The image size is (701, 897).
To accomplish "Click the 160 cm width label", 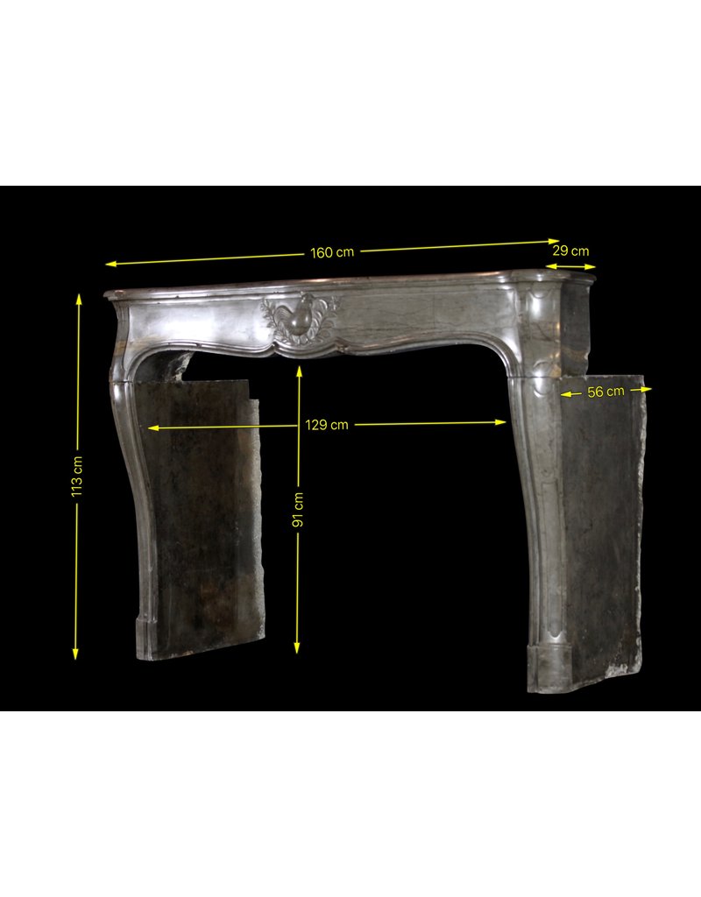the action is click(x=332, y=252).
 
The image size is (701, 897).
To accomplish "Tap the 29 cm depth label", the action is click(x=570, y=251).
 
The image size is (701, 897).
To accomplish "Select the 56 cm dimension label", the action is click(x=606, y=392).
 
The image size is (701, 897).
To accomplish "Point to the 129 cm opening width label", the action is click(x=326, y=425).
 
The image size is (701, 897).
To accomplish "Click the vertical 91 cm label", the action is click(x=298, y=509).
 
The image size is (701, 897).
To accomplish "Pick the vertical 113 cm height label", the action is click(x=77, y=477).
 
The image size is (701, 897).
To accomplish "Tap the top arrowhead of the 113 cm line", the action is click(x=79, y=298).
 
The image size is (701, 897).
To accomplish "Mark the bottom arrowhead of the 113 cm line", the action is click(x=75, y=654).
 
